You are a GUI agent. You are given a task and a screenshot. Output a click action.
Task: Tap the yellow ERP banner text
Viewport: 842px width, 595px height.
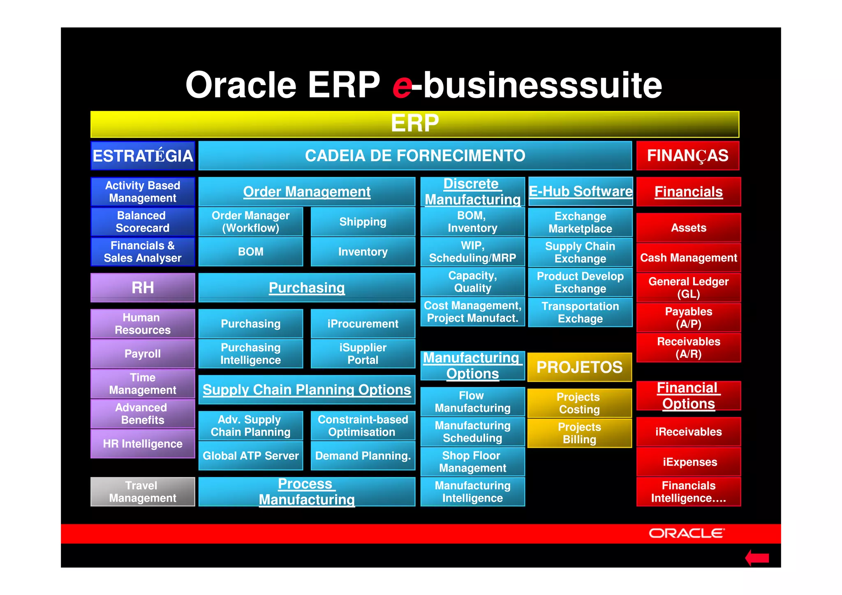pos(414,123)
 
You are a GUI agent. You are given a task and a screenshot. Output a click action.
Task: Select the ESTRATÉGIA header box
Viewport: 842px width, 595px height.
pos(143,156)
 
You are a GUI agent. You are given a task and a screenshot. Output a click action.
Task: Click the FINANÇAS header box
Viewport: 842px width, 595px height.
pos(687,156)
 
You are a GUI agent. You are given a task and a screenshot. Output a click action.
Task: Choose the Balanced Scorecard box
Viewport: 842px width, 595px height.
pos(143,222)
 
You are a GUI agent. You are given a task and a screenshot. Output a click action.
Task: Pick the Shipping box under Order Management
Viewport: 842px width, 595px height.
pos(363,222)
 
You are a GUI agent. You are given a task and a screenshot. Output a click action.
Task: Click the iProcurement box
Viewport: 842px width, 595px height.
pos(363,324)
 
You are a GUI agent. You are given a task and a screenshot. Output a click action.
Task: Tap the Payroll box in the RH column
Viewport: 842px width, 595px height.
pos(143,354)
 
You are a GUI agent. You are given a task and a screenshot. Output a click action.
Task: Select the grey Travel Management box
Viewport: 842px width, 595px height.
pos(143,492)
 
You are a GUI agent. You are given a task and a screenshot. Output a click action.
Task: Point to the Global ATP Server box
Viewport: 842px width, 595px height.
pos(250,456)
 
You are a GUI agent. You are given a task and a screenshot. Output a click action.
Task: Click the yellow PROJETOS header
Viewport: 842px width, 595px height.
pos(579,367)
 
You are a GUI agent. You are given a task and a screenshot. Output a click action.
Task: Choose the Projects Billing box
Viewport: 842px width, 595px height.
pos(579,433)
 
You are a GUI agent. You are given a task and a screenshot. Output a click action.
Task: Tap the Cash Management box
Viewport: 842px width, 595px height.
pos(688,258)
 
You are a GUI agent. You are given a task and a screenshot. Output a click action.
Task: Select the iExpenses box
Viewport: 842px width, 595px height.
pos(689,462)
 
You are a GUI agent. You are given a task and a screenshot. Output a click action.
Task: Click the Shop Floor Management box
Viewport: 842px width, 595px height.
pos(472,462)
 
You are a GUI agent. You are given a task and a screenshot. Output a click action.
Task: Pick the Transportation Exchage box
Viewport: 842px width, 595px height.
pos(580,313)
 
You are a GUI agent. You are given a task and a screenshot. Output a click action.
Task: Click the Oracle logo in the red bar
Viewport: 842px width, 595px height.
pos(686,533)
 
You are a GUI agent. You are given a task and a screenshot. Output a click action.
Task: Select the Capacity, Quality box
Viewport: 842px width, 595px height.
pos(472,282)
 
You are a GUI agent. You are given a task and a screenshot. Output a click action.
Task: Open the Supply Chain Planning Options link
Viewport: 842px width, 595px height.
pos(307,390)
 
